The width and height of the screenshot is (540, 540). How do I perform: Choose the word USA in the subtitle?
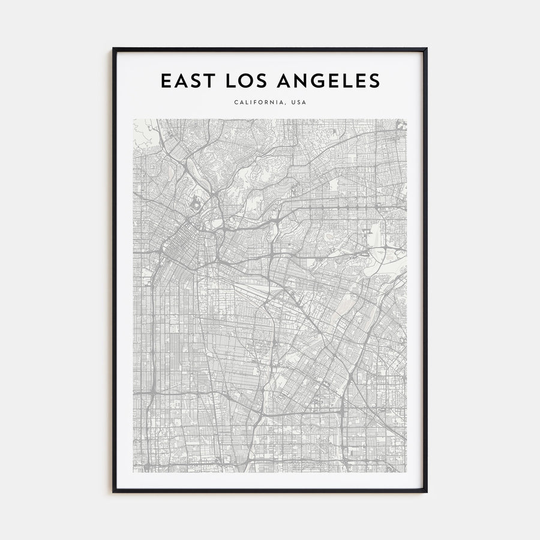(298, 102)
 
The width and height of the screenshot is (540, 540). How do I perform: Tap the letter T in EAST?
(208, 81)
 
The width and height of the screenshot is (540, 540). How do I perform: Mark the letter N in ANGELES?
(306, 81)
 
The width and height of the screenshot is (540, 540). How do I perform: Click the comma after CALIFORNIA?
(286, 104)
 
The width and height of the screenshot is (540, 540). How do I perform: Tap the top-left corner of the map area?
(134, 119)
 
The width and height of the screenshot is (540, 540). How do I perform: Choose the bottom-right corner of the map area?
(406, 471)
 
